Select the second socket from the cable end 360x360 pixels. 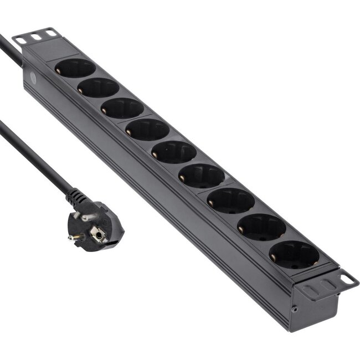point(99,88)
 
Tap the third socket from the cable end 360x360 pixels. point(122,107)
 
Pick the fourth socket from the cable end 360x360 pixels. point(147,129)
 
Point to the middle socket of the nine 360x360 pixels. point(174,152)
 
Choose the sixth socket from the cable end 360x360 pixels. point(202,176)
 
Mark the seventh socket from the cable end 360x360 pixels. point(231,200)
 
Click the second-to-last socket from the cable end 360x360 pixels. point(261,227)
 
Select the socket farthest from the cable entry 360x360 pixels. point(294,255)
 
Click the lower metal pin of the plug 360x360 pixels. point(74,236)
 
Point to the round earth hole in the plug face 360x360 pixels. point(99,235)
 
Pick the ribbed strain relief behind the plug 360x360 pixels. point(76,196)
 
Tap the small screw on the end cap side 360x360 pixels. point(295,310)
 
